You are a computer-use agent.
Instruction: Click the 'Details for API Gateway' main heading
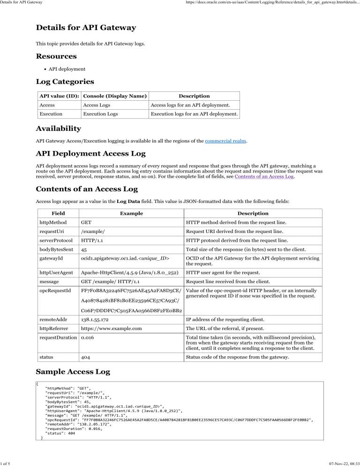86,28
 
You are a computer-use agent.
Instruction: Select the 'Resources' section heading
57,56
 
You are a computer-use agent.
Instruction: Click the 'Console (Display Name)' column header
114,96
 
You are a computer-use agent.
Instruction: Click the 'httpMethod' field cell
53,222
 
